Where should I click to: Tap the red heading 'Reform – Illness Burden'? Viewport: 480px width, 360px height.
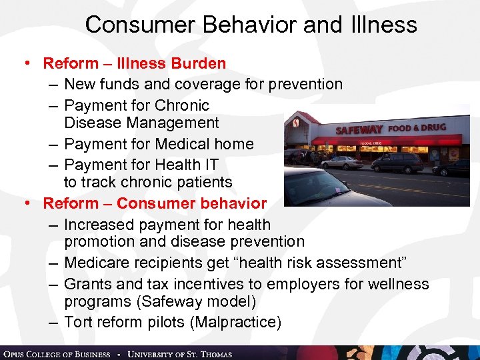134,64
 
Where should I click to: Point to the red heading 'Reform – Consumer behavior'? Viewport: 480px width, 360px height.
155,203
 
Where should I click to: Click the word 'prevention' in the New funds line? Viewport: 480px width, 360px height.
303,84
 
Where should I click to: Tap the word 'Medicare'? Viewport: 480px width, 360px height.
99,264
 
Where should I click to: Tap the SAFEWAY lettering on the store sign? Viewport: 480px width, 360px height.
359,130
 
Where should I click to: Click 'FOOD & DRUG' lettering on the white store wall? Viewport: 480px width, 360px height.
417,127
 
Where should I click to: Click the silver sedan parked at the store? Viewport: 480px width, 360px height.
341,162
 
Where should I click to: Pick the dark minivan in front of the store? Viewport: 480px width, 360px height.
397,163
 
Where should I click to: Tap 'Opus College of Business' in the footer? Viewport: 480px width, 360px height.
56,353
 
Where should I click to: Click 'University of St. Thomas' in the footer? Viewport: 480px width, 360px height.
179,353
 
